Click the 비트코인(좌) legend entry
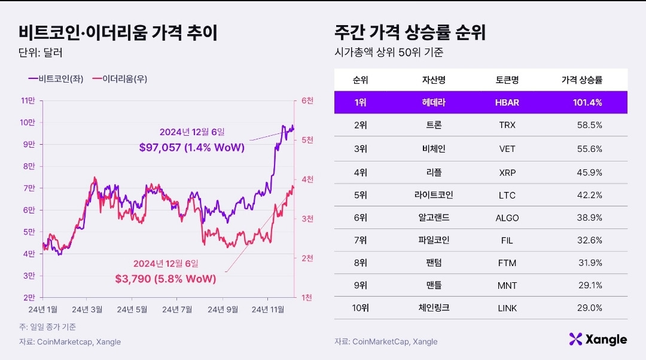point(56,79)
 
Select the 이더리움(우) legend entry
point(120,79)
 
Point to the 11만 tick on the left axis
point(28,100)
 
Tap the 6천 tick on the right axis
point(307,100)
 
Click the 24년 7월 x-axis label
point(177,309)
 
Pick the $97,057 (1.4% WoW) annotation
point(192,148)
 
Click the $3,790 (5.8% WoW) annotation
point(166,279)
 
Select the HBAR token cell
point(507,103)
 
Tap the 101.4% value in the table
point(587,103)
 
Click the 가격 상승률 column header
point(582,80)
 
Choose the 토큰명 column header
point(507,80)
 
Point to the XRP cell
point(507,173)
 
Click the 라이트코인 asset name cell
point(434,195)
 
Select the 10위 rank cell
point(361,308)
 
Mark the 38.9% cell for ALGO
point(590,218)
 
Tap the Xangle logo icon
point(575,339)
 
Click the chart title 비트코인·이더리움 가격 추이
point(118,32)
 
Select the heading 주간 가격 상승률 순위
point(410,32)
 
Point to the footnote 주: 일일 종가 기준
point(47,327)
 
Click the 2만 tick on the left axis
point(29,297)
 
